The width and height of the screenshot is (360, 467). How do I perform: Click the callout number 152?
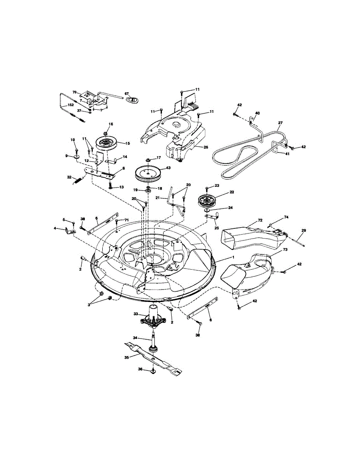pos(70,105)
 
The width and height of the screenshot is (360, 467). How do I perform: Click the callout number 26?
pos(206,147)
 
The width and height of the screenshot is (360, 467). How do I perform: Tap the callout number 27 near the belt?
pos(280,123)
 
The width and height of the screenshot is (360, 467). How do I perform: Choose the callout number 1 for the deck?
pos(234,258)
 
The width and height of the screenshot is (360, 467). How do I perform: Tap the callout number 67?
pos(126,94)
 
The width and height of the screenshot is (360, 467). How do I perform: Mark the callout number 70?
pos(75,92)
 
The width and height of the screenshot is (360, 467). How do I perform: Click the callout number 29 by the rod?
pos(304,231)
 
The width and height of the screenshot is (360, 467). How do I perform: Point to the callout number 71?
pos(126,220)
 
